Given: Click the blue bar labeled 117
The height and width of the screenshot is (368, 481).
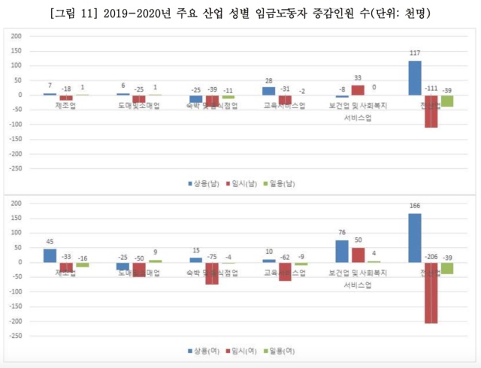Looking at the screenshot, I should (x=415, y=78).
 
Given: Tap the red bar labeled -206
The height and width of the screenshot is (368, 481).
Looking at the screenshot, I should (x=431, y=292).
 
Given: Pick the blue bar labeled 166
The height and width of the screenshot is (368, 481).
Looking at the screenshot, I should (x=415, y=238).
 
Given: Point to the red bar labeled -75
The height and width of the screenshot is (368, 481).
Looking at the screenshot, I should (x=212, y=273).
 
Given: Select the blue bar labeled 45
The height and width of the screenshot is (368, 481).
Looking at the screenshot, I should (x=50, y=255).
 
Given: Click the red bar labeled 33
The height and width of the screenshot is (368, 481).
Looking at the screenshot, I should (x=358, y=90).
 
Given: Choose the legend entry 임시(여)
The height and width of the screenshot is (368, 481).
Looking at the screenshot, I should (x=244, y=351).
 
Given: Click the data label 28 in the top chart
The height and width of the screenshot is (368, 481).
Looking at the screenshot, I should (x=268, y=80).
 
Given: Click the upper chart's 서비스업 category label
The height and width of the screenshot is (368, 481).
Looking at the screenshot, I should (x=358, y=119).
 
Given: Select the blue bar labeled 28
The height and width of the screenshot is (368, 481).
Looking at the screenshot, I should (x=268, y=91).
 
